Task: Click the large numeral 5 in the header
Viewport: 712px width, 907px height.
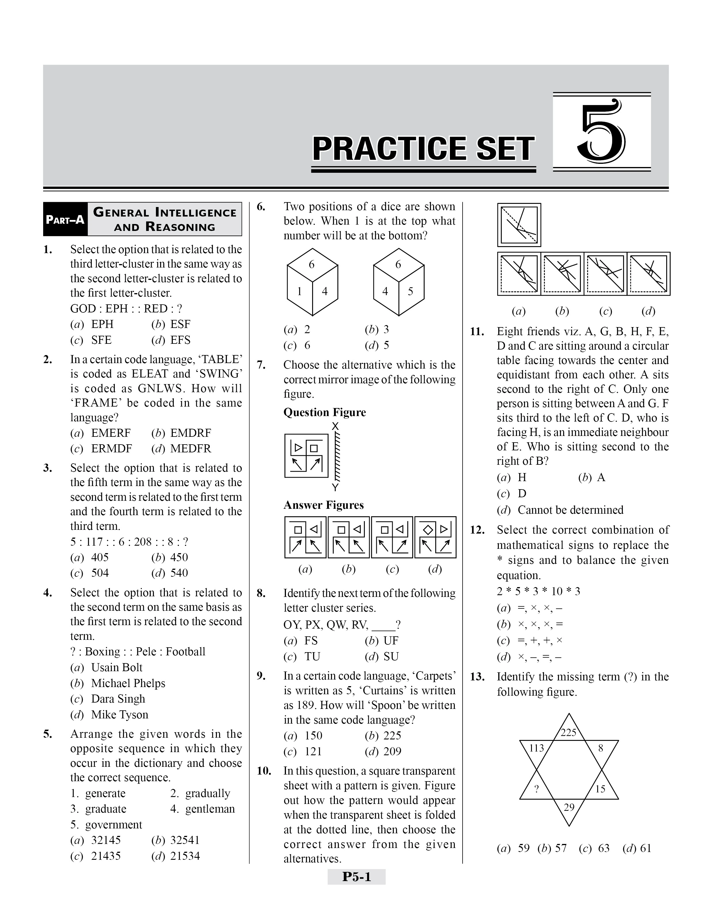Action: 601,132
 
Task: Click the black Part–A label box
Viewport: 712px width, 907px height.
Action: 65,219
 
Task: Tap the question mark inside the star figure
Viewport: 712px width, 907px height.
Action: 537,789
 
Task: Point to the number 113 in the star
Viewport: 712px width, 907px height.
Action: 537,748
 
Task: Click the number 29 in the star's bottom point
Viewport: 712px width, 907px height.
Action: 569,807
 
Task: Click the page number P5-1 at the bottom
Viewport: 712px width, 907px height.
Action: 356,877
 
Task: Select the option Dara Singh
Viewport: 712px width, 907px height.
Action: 118,699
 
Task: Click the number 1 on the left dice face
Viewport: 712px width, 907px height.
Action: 299,291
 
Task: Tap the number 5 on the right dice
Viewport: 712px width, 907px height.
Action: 411,291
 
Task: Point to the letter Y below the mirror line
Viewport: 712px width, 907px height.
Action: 335,487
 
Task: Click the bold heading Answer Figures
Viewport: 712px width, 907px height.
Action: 323,505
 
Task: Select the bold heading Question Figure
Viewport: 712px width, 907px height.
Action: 324,412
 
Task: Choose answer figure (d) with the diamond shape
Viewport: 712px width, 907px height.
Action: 435,537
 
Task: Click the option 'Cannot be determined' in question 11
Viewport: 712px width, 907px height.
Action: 570,510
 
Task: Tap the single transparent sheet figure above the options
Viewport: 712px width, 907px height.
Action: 519,225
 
